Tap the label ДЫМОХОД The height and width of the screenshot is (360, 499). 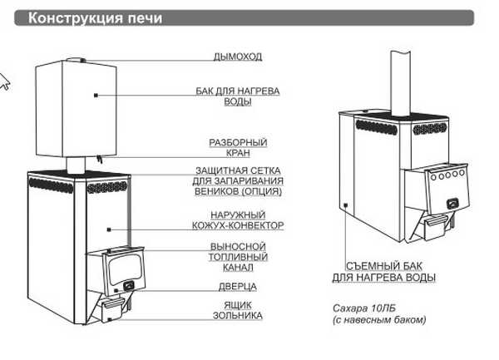coord(237,57)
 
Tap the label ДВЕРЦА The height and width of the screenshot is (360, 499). coord(237,287)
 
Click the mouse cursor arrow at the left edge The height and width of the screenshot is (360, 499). coord(4,81)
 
